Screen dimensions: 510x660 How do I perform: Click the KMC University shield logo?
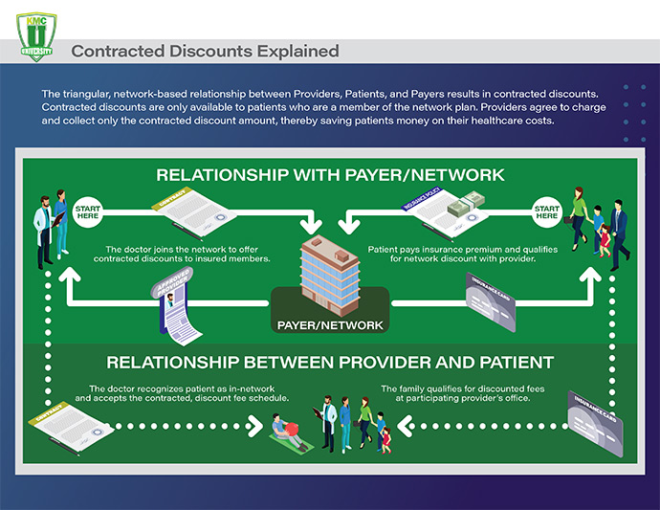coord(36,36)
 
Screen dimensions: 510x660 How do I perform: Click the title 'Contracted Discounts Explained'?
coord(205,50)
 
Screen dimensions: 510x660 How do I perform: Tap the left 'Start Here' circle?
coord(87,212)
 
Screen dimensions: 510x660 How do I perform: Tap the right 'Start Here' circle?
coord(546,211)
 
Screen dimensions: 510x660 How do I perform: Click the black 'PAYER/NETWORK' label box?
coord(330,324)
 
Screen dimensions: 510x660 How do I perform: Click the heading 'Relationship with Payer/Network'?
coord(330,176)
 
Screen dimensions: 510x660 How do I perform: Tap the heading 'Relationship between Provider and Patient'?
coord(330,364)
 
